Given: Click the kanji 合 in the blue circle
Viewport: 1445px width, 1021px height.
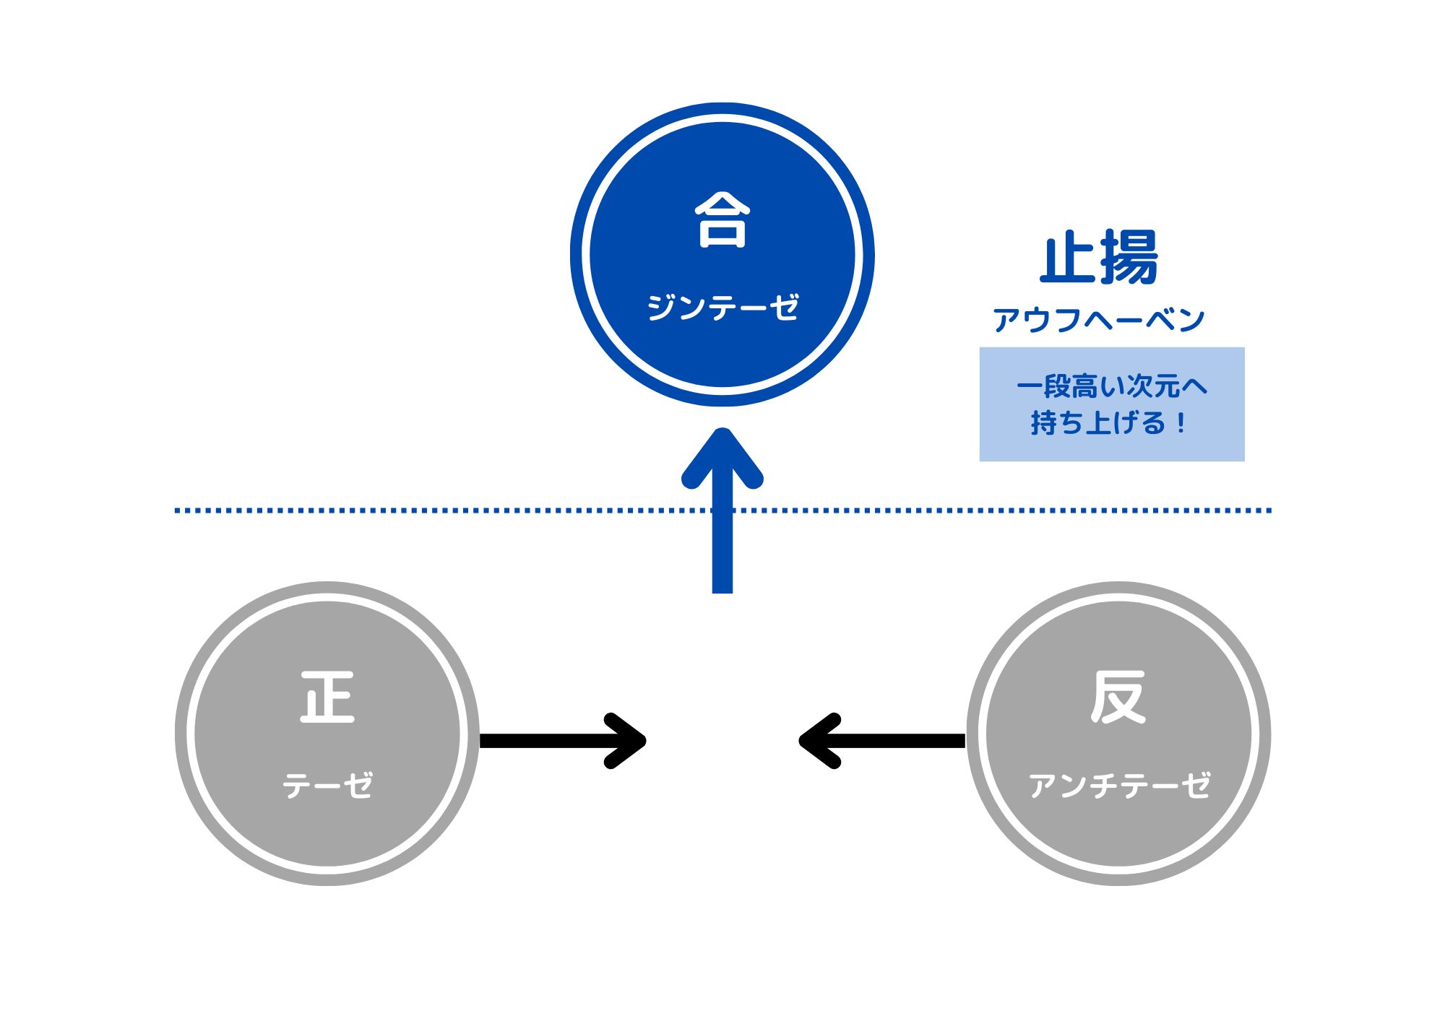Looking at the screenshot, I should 722,220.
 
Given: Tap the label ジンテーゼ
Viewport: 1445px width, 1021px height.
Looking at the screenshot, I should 722,308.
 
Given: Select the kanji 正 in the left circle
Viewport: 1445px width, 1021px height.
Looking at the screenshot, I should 327,697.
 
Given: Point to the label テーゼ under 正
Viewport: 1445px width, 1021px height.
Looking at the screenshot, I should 327,786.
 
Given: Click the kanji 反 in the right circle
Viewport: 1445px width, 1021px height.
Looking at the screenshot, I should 1118,697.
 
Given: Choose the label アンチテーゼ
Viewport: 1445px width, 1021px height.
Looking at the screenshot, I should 1118,786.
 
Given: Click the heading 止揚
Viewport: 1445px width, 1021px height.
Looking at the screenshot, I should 1099,258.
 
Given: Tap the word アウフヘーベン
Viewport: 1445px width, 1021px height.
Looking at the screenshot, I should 1098,320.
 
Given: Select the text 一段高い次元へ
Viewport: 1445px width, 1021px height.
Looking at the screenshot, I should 1111,387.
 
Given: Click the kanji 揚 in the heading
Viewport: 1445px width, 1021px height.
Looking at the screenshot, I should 1129,258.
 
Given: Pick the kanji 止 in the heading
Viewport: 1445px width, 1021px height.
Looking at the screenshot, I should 1068,258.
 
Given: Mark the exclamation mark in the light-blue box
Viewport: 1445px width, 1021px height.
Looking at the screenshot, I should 1181,423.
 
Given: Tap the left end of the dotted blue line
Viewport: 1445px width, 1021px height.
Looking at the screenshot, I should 178,510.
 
